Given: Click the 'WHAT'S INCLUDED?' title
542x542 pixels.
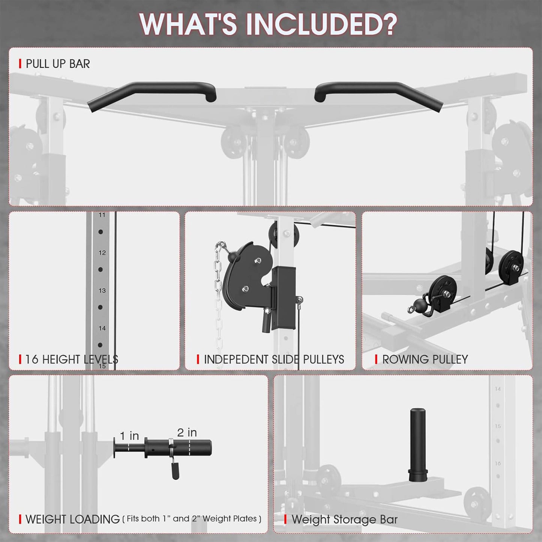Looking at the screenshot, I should tap(268, 24).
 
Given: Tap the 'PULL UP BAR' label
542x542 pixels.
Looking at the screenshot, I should tap(58, 64).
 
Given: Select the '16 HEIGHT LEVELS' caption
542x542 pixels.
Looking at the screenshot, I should tap(71, 359).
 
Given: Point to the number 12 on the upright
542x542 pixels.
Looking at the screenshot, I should tap(102, 253).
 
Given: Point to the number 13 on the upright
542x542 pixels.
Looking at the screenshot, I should tap(102, 291).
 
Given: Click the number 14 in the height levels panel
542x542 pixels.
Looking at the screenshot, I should tap(102, 328).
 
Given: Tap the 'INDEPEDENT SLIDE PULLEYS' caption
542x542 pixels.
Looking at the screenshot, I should tap(274, 359).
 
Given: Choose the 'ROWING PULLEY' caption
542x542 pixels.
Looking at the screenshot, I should tap(425, 359).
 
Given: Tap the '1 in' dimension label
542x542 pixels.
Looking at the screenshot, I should tap(129, 436).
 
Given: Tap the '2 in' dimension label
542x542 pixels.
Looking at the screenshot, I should tap(187, 432).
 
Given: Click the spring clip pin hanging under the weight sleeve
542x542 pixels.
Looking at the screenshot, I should tap(175, 469).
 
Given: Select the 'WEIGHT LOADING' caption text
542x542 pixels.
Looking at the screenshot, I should tap(72, 519).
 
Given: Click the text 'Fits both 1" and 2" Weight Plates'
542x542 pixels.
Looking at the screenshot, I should tap(192, 519).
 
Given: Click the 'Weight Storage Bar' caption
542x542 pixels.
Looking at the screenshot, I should tap(344, 519).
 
